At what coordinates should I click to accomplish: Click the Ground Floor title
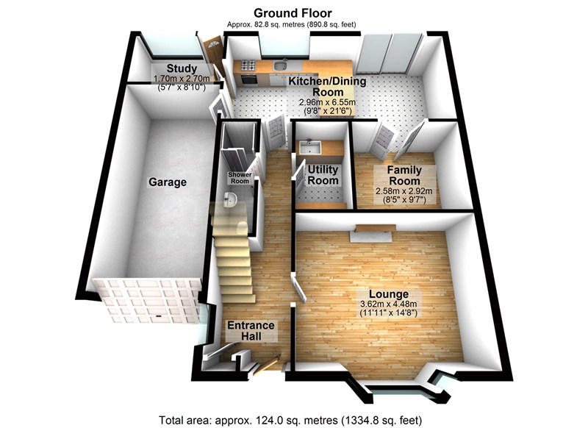point(293,13)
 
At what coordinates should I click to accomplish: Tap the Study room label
point(180,70)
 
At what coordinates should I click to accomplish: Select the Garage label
point(168,182)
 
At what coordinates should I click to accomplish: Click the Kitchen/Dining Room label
point(323,86)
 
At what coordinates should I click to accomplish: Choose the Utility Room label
point(323,175)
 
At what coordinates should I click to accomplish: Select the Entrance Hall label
point(250,331)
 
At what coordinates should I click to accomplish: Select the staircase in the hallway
point(234,257)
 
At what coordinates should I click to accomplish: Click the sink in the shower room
point(230,199)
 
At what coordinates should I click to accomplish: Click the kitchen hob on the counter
point(248,65)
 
